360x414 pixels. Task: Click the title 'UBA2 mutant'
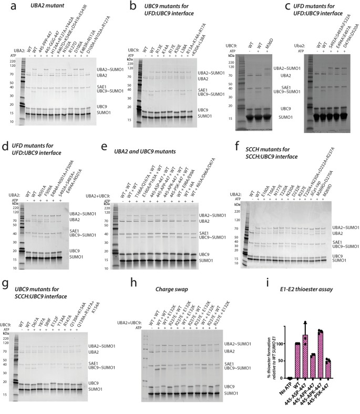(33, 6)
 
